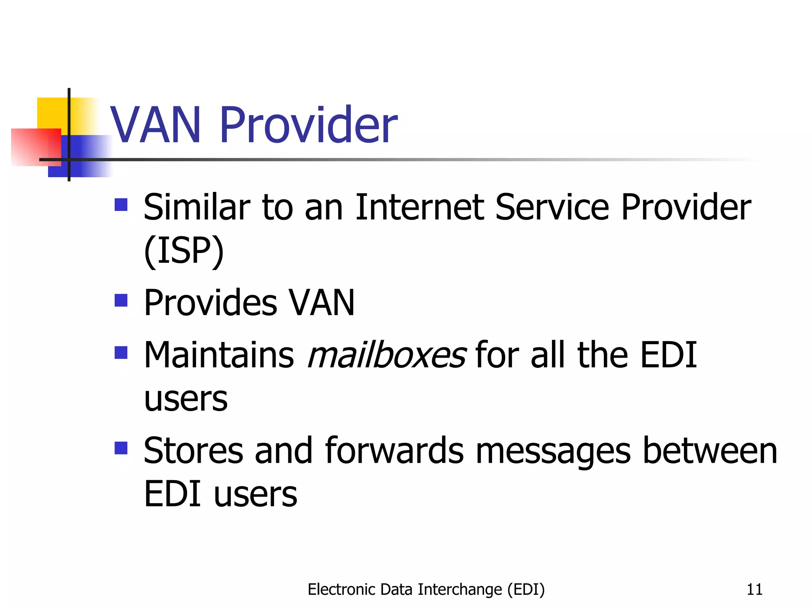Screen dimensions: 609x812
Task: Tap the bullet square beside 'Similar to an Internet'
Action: pyautogui.click(x=121, y=205)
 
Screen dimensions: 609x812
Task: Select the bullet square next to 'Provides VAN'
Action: pyautogui.click(x=121, y=301)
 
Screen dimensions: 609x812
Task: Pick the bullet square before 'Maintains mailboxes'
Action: pyautogui.click(x=121, y=352)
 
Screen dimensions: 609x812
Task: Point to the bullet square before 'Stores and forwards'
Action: pyautogui.click(x=121, y=448)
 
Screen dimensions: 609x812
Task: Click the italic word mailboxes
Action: pyautogui.click(x=387, y=354)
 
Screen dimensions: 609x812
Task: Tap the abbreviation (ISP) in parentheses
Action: pyautogui.click(x=184, y=251)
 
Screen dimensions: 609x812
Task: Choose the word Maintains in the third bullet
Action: pyautogui.click(x=219, y=354)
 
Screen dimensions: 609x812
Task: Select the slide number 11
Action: pyautogui.click(x=754, y=590)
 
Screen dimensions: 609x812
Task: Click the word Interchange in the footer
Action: pyautogui.click(x=460, y=590)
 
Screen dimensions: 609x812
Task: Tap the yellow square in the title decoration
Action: pyautogui.click(x=52, y=113)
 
